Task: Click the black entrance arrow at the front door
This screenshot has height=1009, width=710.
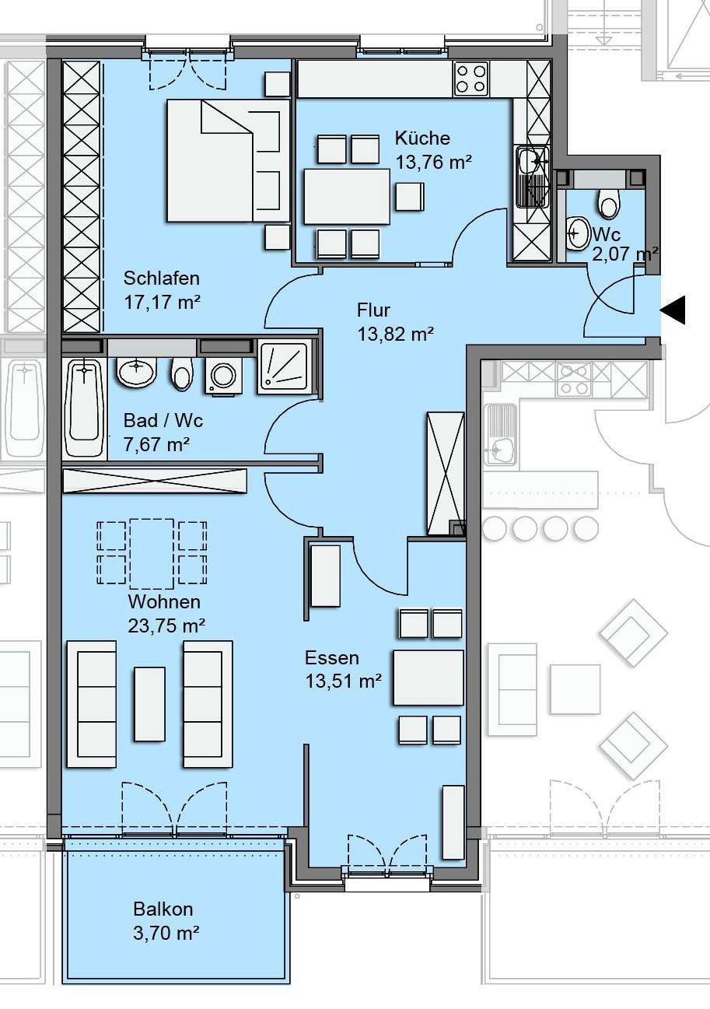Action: click(674, 310)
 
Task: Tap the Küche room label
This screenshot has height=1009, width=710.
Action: click(422, 138)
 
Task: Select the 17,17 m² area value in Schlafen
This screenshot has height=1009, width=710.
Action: click(162, 302)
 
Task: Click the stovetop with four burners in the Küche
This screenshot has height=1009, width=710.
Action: click(471, 79)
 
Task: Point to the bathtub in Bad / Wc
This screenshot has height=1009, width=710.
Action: click(84, 408)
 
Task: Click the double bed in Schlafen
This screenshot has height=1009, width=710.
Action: click(228, 161)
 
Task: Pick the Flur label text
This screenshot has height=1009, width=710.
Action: click(373, 310)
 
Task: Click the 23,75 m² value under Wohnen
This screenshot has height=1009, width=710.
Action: click(166, 625)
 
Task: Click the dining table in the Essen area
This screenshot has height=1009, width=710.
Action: click(428, 677)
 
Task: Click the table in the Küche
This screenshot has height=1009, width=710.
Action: click(347, 196)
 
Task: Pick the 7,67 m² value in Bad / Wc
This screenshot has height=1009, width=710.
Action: click(156, 444)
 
